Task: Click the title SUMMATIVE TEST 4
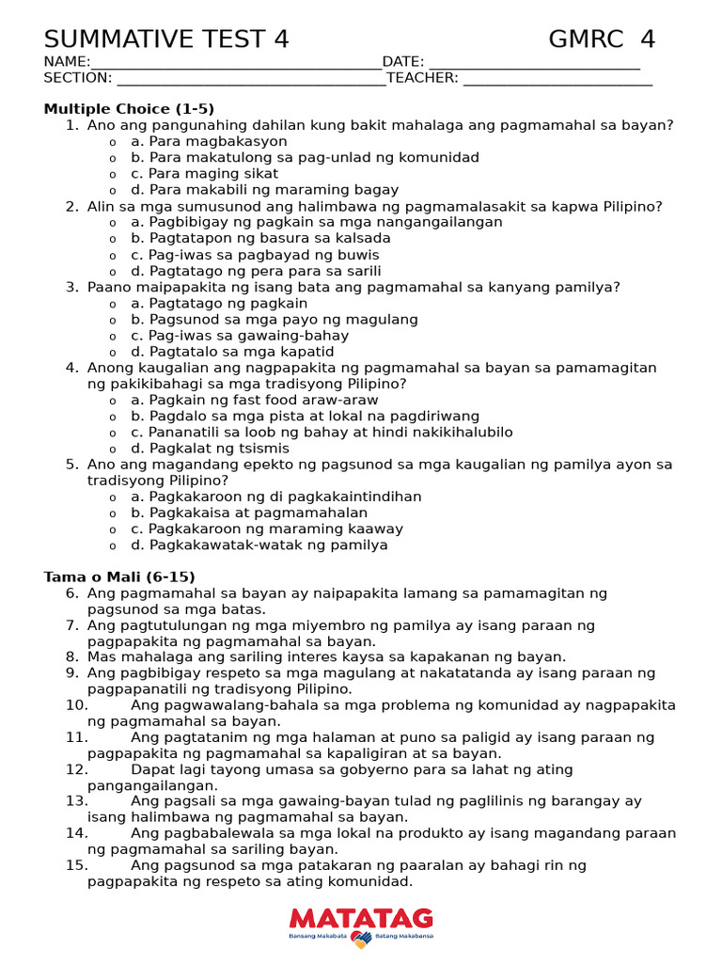pyautogui.click(x=166, y=39)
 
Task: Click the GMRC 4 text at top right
pyautogui.click(x=602, y=39)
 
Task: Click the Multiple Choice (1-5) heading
pyautogui.click(x=129, y=109)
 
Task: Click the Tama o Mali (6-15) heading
pyautogui.click(x=119, y=576)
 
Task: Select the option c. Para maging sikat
pyautogui.click(x=204, y=173)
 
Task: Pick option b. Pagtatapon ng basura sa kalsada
pyautogui.click(x=260, y=238)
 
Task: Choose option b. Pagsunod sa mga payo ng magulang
pyautogui.click(x=274, y=320)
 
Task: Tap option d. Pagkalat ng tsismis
pyautogui.click(x=210, y=449)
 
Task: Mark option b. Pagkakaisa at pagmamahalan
pyautogui.click(x=249, y=513)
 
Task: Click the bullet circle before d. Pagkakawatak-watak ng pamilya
pyautogui.click(x=113, y=545)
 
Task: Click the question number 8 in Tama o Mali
pyautogui.click(x=72, y=656)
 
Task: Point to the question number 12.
pyautogui.click(x=77, y=769)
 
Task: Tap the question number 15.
pyautogui.click(x=77, y=865)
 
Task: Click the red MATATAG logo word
pyautogui.click(x=361, y=918)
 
